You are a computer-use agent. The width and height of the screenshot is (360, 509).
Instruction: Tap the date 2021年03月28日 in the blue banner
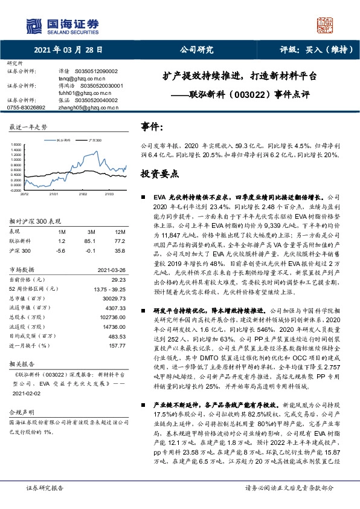pos(68,51)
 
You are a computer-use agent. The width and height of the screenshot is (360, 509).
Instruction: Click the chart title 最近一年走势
pos(28,127)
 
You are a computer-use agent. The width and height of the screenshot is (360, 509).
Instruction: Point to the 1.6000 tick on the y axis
pos(16,145)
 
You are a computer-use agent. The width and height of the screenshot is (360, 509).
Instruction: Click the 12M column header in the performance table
pos(120,232)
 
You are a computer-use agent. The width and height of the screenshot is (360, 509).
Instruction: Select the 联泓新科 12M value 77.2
pos(120,241)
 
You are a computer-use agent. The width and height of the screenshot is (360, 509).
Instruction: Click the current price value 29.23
pos(118,279)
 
